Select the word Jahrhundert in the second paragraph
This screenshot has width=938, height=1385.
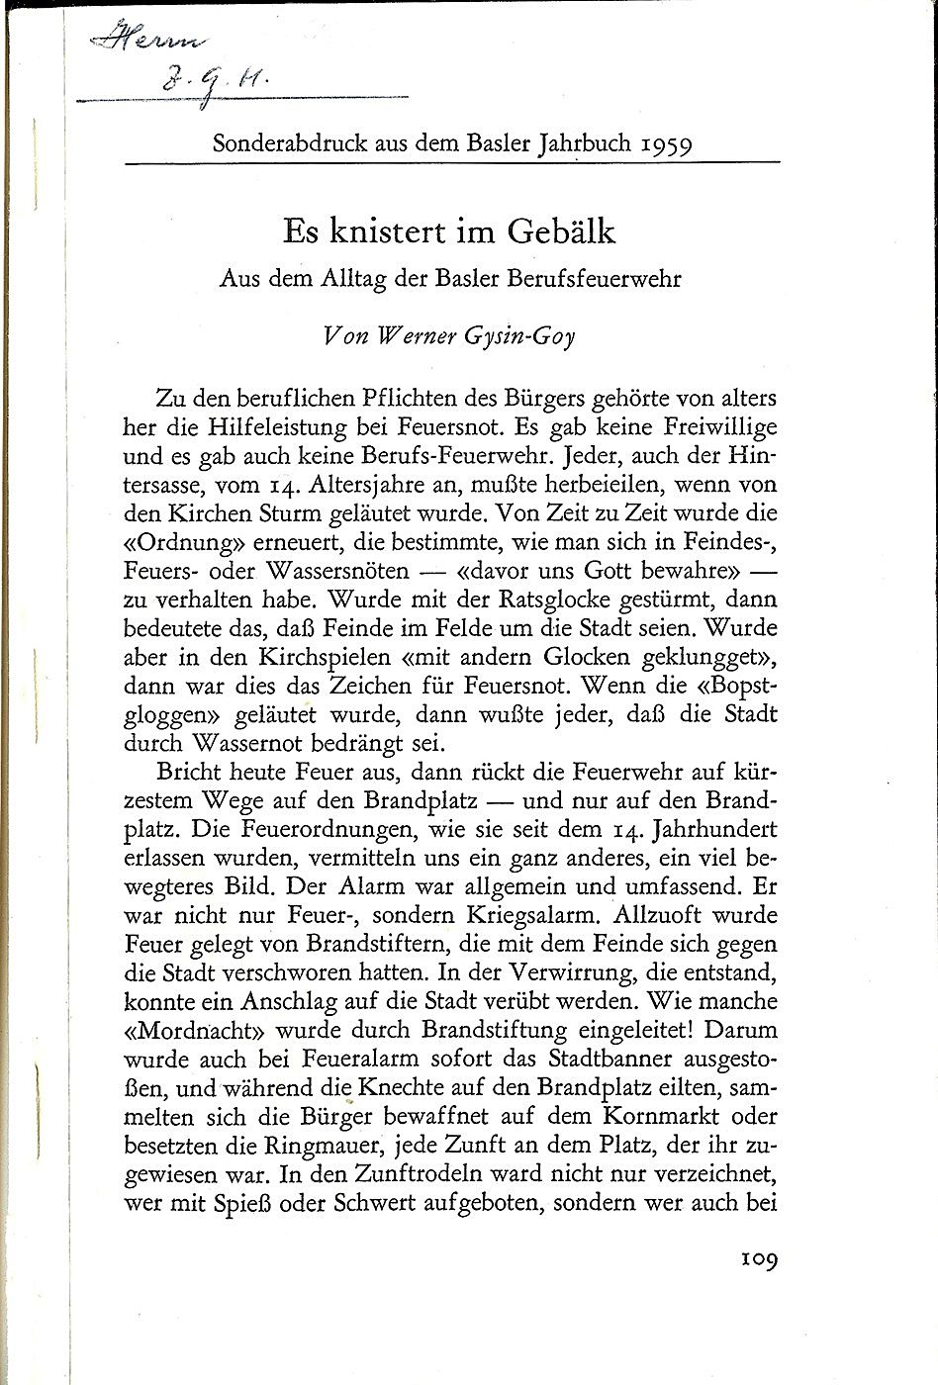click(714, 828)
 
